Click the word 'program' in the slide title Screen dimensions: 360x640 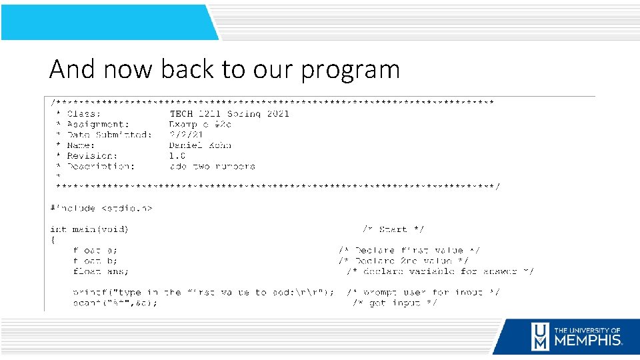[351, 70]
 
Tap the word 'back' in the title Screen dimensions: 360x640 [165, 69]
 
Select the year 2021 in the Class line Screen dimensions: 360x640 [277, 113]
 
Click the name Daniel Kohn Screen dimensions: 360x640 [200, 145]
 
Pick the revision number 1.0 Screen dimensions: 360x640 [177, 156]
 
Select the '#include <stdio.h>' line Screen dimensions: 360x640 [101, 209]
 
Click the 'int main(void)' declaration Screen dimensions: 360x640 [89, 229]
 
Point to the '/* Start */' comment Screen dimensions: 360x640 [393, 229]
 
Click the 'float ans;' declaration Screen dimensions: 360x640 [101, 271]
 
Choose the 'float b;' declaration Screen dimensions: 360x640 [95, 261]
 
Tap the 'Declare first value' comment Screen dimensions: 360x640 [409, 251]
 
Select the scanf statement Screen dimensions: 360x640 [115, 303]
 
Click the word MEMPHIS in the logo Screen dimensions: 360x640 [588, 340]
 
